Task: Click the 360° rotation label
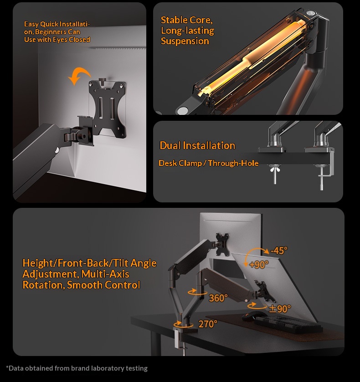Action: [218, 298]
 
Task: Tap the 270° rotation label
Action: [208, 324]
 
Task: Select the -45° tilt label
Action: [279, 250]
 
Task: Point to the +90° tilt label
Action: [259, 264]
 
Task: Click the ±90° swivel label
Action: [280, 309]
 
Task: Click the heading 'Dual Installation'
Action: [197, 145]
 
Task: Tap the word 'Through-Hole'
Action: [233, 163]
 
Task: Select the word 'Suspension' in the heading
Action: [185, 41]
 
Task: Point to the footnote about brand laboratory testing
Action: [77, 368]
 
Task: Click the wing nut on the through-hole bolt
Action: [275, 169]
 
